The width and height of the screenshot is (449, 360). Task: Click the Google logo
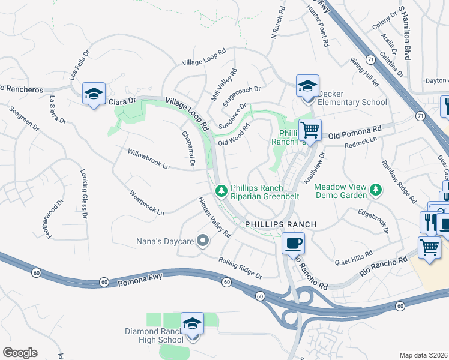pyautogui.click(x=20, y=353)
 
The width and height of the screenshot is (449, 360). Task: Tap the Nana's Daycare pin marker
pyautogui.click(x=203, y=242)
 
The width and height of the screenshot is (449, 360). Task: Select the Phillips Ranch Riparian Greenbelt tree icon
pyautogui.click(x=221, y=190)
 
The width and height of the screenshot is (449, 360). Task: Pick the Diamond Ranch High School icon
pyautogui.click(x=193, y=324)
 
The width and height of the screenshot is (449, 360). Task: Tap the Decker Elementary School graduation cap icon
pyautogui.click(x=307, y=86)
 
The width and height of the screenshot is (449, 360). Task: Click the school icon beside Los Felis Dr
pyautogui.click(x=94, y=94)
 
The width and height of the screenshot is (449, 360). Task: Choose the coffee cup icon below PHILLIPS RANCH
pyautogui.click(x=293, y=244)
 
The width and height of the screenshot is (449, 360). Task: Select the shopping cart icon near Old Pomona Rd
pyautogui.click(x=310, y=129)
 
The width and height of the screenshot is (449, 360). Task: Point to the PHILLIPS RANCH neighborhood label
pyautogui.click(x=280, y=224)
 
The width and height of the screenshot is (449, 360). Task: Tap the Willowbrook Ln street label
pyautogui.click(x=149, y=160)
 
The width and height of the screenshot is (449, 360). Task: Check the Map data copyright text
pyautogui.click(x=424, y=355)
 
